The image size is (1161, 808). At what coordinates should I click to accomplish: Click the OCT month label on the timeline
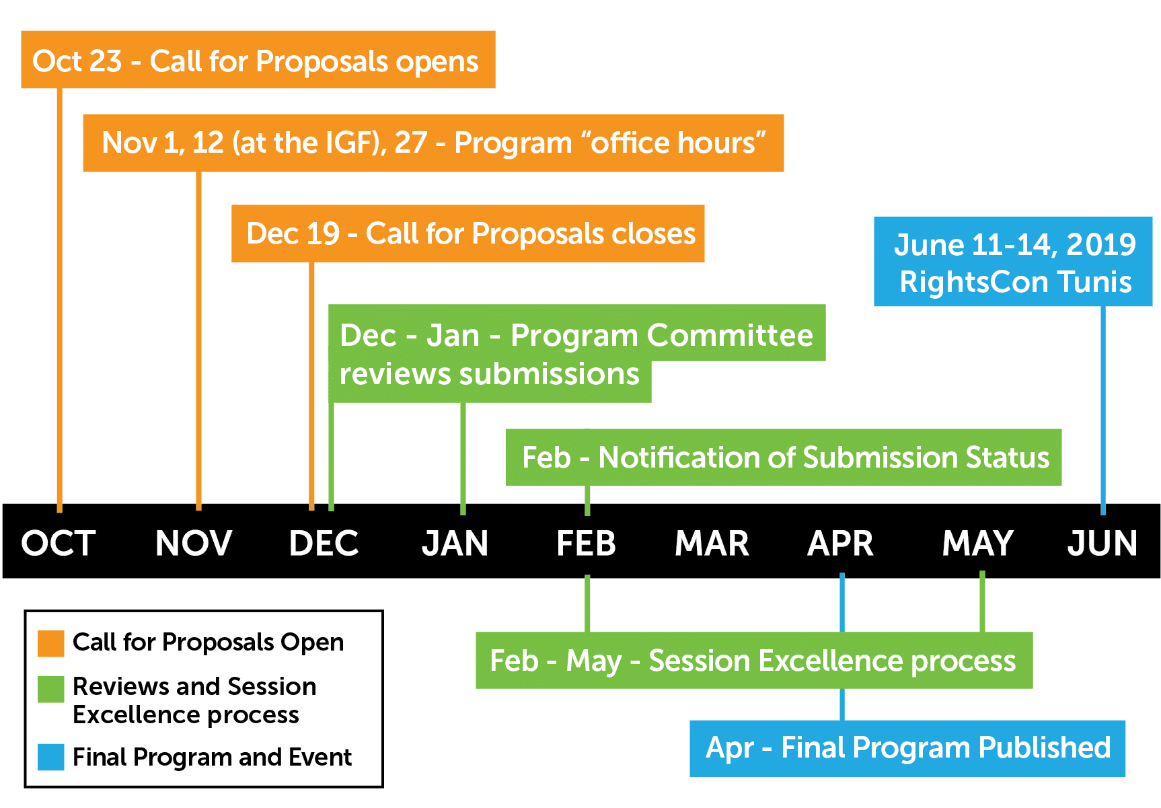59,543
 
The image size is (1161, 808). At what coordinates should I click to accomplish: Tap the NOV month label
194,543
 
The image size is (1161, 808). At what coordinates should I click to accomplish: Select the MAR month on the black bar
712,543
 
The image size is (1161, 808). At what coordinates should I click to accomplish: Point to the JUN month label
1102,543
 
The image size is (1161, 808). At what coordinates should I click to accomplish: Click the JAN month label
455,543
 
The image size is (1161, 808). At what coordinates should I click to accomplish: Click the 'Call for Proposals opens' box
258,59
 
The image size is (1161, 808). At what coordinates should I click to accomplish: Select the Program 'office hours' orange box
433,143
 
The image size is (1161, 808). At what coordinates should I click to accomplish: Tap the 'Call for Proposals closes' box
467,233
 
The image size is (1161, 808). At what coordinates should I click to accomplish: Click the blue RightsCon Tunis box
1013,262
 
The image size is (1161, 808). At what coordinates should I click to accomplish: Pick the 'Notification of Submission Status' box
784,457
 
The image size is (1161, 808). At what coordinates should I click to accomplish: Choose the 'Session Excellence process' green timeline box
754,660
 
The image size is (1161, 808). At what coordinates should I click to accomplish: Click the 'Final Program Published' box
907,749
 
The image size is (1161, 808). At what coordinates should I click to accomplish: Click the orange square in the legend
51,643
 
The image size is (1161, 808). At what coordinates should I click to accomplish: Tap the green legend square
51,689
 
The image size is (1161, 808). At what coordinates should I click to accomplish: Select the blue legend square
51,757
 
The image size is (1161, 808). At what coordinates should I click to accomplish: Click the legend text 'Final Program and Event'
212,758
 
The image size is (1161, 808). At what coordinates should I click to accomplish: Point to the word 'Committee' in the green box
729,335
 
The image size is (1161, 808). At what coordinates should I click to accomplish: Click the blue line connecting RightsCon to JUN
1103,410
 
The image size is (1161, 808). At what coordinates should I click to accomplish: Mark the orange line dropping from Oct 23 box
60,300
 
